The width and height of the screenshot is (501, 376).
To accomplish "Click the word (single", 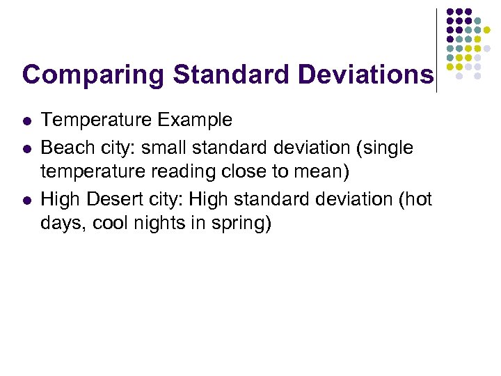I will [384, 148].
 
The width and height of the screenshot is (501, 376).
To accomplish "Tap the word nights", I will [164, 225].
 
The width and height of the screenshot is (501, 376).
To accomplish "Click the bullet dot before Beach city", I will [26, 148].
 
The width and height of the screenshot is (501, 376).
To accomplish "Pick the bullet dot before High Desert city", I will [26, 200].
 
